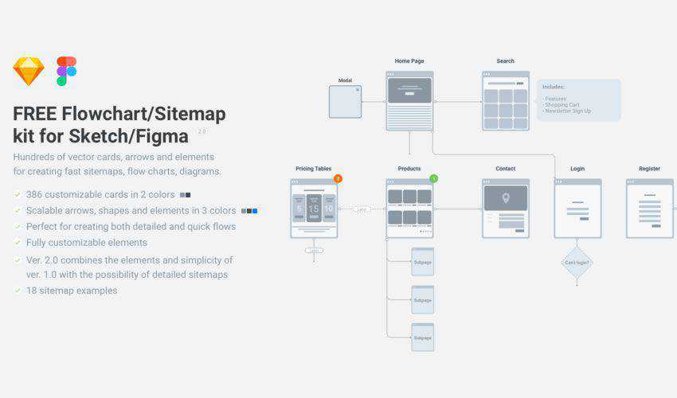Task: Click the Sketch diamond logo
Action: [29, 72]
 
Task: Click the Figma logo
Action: [66, 71]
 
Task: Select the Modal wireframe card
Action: [345, 102]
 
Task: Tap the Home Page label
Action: [409, 61]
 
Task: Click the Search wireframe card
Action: [505, 101]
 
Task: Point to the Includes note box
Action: [578, 100]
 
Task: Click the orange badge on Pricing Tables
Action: [338, 179]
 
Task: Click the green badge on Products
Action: [433, 179]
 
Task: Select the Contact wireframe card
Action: [505, 209]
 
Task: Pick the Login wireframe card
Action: [577, 209]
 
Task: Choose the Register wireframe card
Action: [649, 209]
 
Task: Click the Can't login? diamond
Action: [577, 262]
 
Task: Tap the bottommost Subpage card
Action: [422, 338]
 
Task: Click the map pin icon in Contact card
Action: [505, 197]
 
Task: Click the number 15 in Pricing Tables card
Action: [314, 209]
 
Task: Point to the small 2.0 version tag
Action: [202, 131]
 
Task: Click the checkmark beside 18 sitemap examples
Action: [18, 291]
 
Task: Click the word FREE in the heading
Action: [34, 114]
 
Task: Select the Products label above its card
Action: [409, 169]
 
